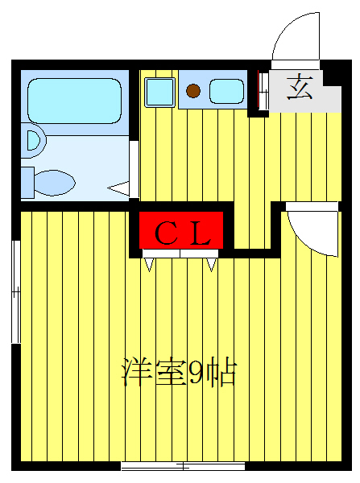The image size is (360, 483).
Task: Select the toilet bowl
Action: pyautogui.click(x=56, y=182)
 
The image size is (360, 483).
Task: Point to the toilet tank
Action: pyautogui.click(x=27, y=182)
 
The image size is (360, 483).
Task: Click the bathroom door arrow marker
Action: pyautogui.click(x=119, y=189)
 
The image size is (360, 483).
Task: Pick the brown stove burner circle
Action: pyautogui.click(x=193, y=90)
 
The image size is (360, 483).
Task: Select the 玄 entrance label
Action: pyautogui.click(x=300, y=87)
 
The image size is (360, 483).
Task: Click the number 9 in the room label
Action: pyautogui.click(x=197, y=372)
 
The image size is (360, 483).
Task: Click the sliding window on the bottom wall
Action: pyautogui.click(x=183, y=466)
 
